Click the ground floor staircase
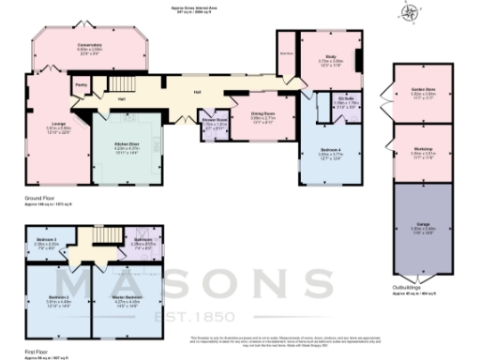141,90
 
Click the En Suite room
349,101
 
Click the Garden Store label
424,92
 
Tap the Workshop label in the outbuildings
424,152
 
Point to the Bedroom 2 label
58,299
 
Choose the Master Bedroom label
126,299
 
